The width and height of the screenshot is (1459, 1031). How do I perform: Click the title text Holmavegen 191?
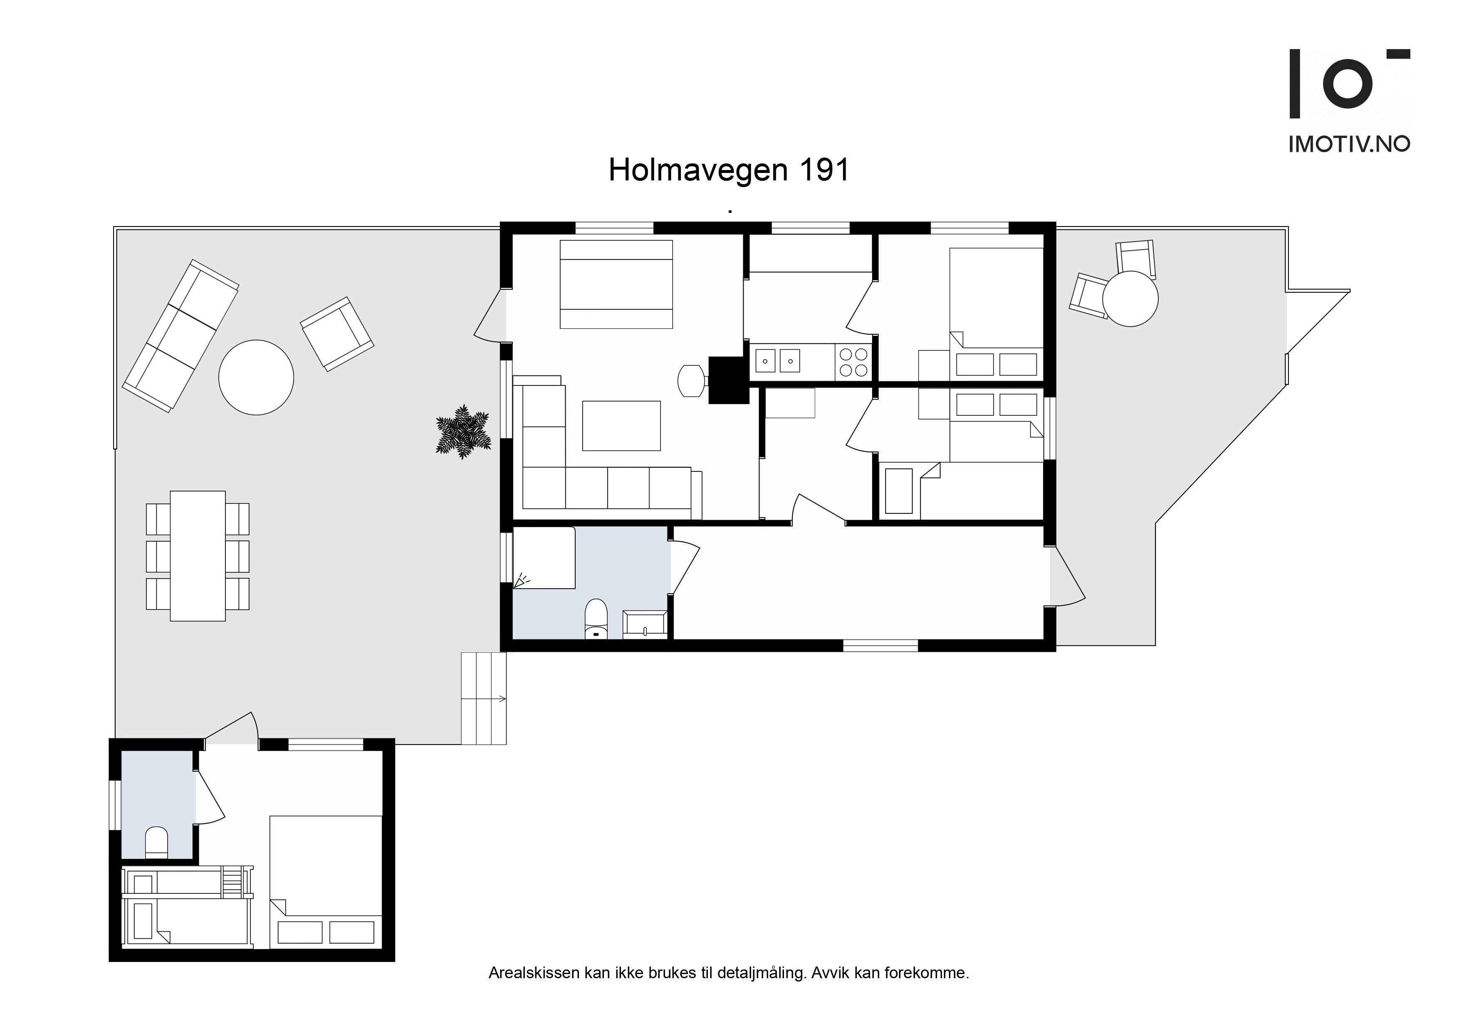pos(729,170)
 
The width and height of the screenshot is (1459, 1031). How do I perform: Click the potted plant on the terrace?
pos(463,432)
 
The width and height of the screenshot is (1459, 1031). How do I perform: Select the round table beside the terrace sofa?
pos(256,377)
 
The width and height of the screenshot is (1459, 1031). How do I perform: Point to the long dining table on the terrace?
pos(198,556)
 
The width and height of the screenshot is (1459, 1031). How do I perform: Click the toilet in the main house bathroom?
pos(596,618)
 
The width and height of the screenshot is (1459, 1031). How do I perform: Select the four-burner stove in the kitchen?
pos(853,362)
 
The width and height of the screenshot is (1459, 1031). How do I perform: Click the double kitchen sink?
pos(777,361)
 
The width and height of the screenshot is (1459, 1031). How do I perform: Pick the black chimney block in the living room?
pos(729,380)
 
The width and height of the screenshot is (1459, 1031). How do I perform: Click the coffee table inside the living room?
pos(621,426)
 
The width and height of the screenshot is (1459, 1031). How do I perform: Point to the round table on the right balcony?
pos(1130,298)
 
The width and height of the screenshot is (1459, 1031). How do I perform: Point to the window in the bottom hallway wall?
pos(881,645)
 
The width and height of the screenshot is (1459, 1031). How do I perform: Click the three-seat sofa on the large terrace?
pos(181,336)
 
